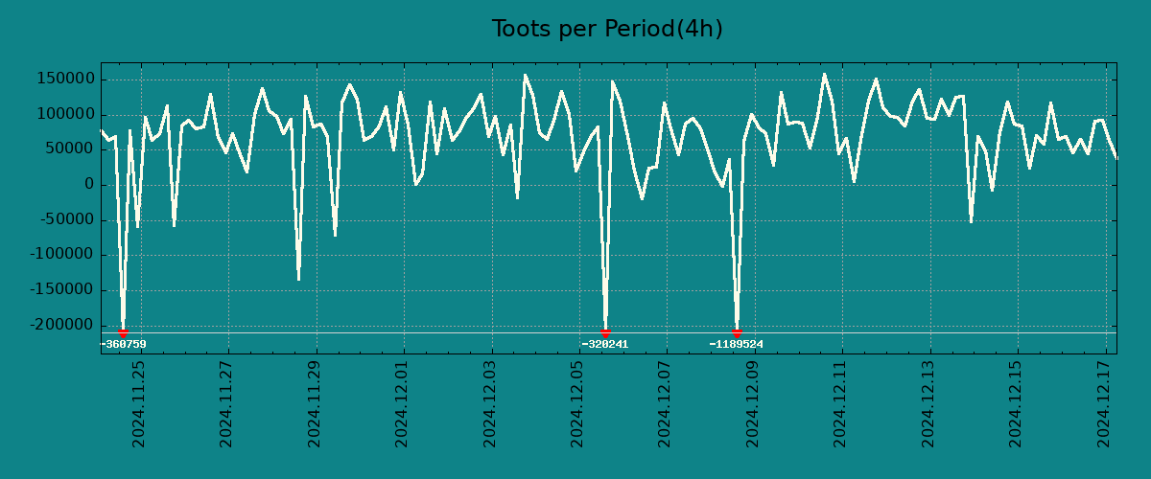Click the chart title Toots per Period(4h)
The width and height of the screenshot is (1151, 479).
pos(607,30)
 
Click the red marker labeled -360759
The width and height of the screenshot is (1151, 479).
pos(123,332)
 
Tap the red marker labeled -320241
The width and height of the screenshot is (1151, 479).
pos(605,332)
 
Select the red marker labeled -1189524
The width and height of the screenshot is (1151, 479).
pos(737,332)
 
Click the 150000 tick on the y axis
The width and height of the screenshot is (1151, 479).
pos(65,79)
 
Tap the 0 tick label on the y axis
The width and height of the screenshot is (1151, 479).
pos(89,185)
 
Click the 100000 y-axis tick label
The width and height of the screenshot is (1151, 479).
pos(65,114)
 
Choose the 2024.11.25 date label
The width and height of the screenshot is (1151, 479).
pos(139,403)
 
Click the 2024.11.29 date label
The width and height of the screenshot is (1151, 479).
pos(315,403)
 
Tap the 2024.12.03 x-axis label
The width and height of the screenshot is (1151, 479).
pos(490,403)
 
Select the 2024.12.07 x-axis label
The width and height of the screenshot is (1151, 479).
pos(666,403)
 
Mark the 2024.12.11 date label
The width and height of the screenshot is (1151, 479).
pos(841,403)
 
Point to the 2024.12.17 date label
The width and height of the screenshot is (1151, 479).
pos(1105,403)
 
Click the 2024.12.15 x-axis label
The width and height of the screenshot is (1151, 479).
pos(1017,403)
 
